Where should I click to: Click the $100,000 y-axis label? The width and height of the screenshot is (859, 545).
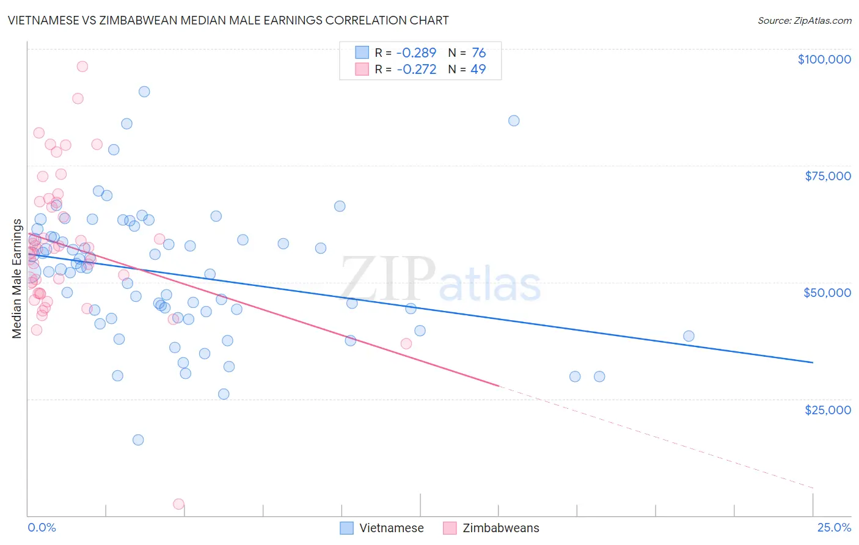(x=824, y=59)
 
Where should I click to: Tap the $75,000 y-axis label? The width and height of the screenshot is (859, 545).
(x=827, y=176)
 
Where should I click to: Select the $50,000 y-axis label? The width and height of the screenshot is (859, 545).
(x=827, y=293)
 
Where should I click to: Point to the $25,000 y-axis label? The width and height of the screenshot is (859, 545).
(x=827, y=410)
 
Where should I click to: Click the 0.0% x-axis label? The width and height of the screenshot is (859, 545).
(x=42, y=527)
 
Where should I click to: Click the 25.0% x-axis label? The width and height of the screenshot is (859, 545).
(x=834, y=527)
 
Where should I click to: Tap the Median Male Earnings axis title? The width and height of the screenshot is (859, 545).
(x=17, y=279)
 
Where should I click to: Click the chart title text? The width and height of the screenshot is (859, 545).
(x=228, y=20)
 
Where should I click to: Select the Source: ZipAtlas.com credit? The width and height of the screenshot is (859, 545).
(x=804, y=20)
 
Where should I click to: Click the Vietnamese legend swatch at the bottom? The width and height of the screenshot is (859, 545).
(x=347, y=528)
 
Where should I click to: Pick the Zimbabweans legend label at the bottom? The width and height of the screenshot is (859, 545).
(x=500, y=528)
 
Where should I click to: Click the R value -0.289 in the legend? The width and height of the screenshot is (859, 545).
(x=416, y=53)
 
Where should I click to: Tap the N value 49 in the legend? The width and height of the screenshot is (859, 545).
(x=478, y=70)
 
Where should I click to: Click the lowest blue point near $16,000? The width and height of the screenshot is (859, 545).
(x=138, y=440)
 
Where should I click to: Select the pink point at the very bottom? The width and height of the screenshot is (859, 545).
(x=178, y=504)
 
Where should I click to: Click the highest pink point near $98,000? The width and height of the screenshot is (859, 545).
(x=82, y=67)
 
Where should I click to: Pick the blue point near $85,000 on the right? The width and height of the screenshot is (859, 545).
(x=514, y=121)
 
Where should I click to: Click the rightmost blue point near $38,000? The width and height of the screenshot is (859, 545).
(x=689, y=336)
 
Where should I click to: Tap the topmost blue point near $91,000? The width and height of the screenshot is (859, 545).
(x=144, y=92)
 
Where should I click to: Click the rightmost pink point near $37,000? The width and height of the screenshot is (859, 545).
(x=406, y=344)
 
